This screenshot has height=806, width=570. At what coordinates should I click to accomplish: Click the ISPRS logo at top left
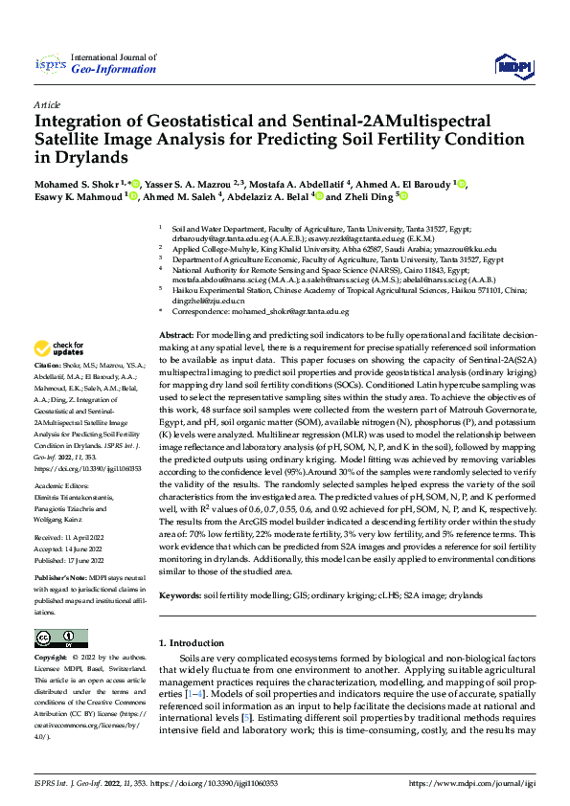click(x=49, y=64)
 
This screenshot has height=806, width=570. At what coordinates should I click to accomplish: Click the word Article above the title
click(x=47, y=103)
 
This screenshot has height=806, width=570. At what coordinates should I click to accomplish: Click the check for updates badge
click(x=59, y=348)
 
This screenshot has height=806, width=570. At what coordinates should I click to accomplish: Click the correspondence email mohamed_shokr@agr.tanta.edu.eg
click(x=291, y=312)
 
